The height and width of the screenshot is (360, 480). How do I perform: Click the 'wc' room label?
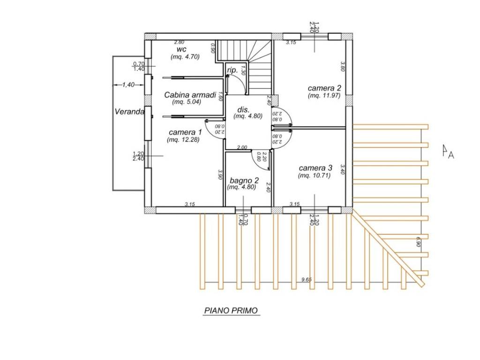181,49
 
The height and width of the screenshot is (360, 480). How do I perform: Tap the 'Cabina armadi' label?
190,95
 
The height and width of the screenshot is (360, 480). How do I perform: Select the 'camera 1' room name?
185,132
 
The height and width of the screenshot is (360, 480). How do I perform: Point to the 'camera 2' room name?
324,88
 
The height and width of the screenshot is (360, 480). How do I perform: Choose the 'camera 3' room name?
315,168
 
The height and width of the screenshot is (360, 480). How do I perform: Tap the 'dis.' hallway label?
244,110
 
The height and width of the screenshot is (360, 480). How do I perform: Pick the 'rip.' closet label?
232,70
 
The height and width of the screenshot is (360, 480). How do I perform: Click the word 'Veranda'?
129,112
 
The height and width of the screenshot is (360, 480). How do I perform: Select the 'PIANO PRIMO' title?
231,311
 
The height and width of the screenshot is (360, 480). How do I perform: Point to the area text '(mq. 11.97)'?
324,96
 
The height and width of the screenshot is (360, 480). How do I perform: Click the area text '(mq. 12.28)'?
183,140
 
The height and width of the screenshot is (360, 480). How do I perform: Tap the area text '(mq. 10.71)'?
314,175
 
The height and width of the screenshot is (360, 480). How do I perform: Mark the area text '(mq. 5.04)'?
187,102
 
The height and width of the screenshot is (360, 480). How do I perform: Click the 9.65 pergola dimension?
307,279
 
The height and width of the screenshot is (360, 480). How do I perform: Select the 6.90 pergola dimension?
419,241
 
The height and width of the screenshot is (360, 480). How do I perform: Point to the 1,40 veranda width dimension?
128,85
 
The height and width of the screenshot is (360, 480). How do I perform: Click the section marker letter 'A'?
451,156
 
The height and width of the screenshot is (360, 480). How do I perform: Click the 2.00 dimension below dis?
242,148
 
